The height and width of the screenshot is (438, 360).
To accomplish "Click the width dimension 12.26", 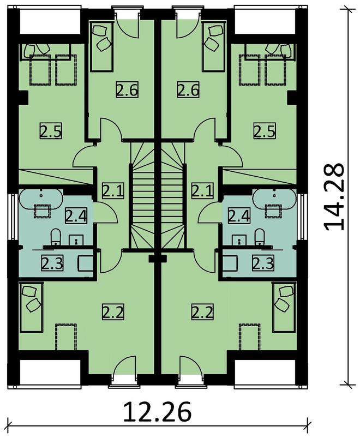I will click(157, 412).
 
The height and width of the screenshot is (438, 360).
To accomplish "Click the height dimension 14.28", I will click(334, 196).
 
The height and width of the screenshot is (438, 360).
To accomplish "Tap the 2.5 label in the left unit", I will click(50, 131).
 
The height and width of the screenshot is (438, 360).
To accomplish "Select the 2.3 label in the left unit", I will click(51, 263).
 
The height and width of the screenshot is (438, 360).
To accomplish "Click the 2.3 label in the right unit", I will click(262, 263).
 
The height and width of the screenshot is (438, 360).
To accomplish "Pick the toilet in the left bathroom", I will click(55, 237).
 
